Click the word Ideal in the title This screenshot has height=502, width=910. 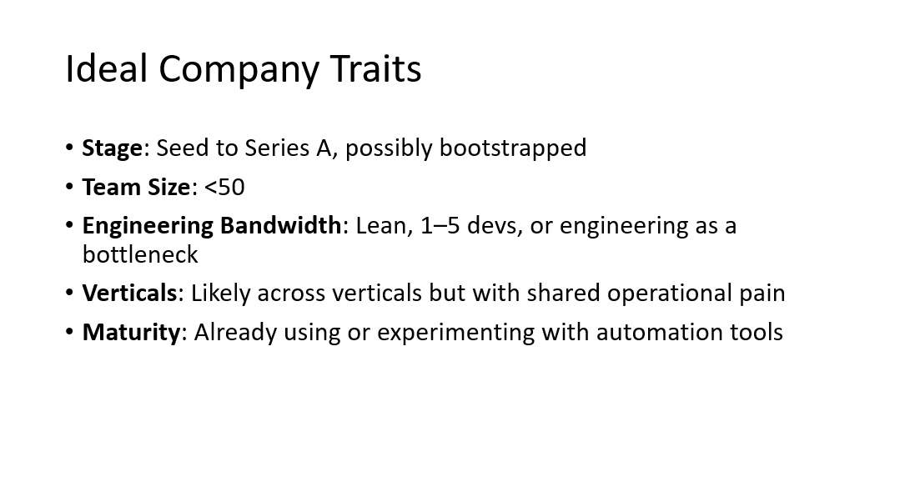click(x=106, y=68)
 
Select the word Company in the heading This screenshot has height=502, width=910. click(x=239, y=71)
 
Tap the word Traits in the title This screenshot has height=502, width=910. click(x=375, y=68)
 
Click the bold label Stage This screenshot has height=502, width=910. click(x=112, y=148)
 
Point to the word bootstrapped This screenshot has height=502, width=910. click(x=513, y=148)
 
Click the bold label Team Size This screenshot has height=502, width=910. click(x=136, y=187)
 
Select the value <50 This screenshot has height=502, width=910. click(x=224, y=188)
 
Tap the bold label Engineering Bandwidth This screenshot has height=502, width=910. click(x=212, y=226)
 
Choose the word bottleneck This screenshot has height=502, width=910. click(x=140, y=254)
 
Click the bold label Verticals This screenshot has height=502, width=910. click(x=129, y=293)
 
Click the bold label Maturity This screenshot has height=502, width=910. click(x=131, y=333)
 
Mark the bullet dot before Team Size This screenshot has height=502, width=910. click(x=69, y=187)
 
